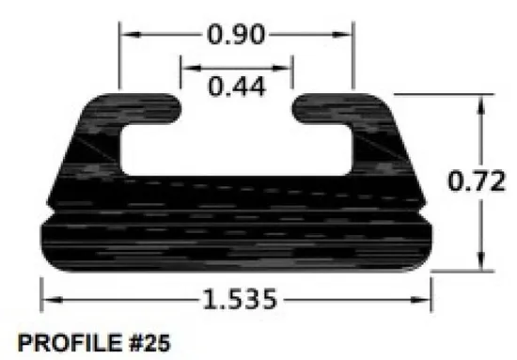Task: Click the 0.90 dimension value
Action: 236,35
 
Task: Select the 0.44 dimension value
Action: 236,86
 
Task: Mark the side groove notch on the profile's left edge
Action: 47,215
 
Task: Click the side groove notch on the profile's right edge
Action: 429,215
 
